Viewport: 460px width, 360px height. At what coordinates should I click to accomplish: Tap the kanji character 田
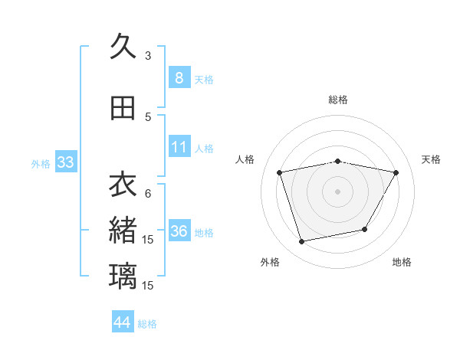pyautogui.click(x=123, y=108)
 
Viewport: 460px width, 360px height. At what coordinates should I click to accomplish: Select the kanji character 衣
pyautogui.click(x=123, y=185)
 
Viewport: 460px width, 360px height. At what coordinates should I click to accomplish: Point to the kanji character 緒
pyautogui.click(x=123, y=230)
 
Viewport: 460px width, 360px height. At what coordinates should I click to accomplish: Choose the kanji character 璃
pyautogui.click(x=123, y=275)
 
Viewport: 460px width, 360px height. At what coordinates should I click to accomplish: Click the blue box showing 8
pyautogui.click(x=179, y=78)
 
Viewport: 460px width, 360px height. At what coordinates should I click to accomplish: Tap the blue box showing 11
pyautogui.click(x=179, y=147)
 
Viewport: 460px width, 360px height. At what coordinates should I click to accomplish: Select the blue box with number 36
pyautogui.click(x=179, y=232)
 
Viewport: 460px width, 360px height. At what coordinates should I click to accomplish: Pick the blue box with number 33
pyautogui.click(x=65, y=162)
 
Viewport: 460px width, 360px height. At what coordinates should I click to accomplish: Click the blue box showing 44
pyautogui.click(x=123, y=322)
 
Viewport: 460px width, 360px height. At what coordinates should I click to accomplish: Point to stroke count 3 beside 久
pyautogui.click(x=148, y=55)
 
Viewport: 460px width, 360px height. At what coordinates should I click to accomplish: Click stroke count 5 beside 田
pyautogui.click(x=148, y=116)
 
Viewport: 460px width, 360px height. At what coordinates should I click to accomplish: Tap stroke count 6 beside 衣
pyautogui.click(x=148, y=193)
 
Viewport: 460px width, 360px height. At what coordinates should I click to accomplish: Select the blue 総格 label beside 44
pyautogui.click(x=147, y=324)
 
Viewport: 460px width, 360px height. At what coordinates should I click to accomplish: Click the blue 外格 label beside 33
pyautogui.click(x=41, y=164)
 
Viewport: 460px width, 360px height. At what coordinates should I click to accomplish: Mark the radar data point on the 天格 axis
pyautogui.click(x=396, y=172)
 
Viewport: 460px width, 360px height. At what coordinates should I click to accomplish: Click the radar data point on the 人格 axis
pyautogui.click(x=280, y=172)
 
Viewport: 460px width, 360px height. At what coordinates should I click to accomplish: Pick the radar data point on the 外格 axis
pyautogui.click(x=302, y=241)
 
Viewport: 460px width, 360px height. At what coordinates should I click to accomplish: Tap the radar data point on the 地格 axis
pyautogui.click(x=365, y=229)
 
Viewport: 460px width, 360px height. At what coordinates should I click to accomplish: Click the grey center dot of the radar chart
pyautogui.click(x=337, y=191)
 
